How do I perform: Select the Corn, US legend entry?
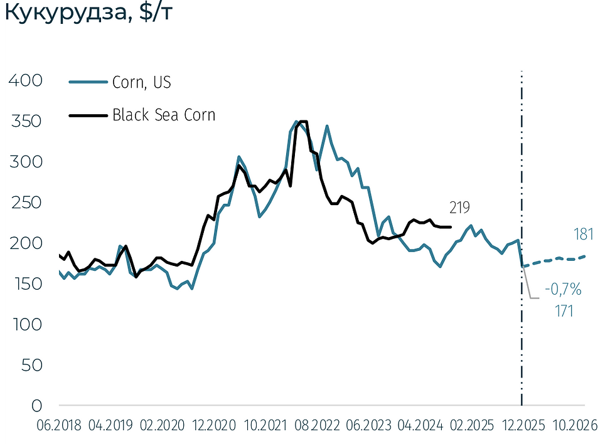tap(141, 82)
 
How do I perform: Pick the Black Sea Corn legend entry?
tap(163, 115)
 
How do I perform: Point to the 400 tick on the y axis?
tap(26, 80)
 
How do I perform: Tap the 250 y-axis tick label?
tap(26, 203)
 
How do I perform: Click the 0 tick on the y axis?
tap(36, 406)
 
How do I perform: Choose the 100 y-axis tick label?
tap(26, 324)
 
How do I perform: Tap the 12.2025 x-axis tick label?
tap(522, 425)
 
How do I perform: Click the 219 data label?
tap(459, 208)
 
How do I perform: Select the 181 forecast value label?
tap(583, 234)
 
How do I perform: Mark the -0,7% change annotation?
tap(563, 290)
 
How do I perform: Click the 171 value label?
tap(563, 310)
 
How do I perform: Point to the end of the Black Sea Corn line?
tap(451, 227)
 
